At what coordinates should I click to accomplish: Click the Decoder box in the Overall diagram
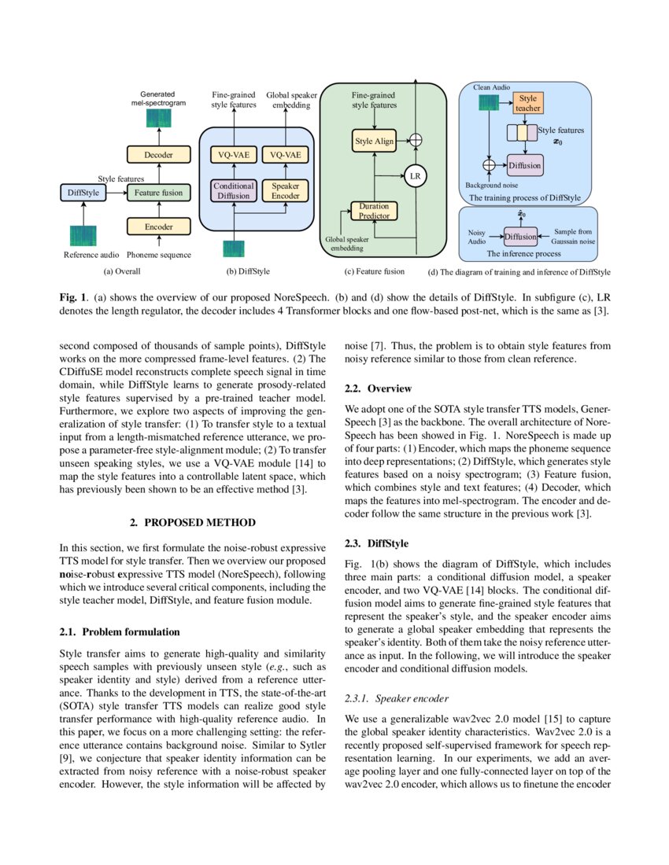click(158, 155)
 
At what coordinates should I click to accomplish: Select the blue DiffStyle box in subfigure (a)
click(83, 192)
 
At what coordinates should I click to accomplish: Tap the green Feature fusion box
click(158, 192)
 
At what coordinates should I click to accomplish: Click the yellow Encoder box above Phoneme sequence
click(158, 226)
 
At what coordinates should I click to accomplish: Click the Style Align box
click(374, 141)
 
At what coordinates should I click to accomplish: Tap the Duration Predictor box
click(374, 211)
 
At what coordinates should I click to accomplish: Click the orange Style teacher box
click(528, 104)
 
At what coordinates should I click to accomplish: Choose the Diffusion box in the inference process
click(520, 236)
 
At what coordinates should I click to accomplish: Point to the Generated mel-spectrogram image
click(158, 119)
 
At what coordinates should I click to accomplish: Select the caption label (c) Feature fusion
click(375, 271)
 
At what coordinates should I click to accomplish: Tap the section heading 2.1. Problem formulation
click(120, 631)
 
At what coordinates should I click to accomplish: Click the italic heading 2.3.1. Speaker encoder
click(397, 698)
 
